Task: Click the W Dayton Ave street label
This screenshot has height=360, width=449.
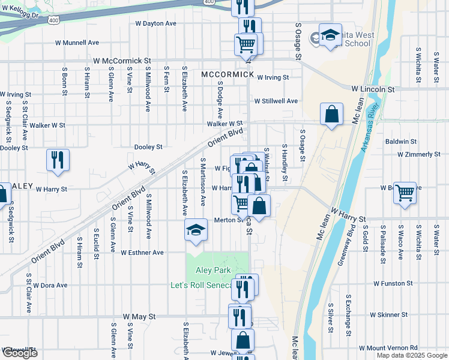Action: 155,23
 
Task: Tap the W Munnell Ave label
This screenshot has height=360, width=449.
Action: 77,43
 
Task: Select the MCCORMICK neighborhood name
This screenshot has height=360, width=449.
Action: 228,74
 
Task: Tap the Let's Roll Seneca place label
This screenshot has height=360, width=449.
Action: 200,285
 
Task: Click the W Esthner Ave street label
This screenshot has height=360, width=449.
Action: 142,253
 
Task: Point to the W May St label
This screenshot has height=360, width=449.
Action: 139,316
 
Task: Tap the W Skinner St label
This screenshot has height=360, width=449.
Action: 388,314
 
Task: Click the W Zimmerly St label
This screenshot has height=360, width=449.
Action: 418,154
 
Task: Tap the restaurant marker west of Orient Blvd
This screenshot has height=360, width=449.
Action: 58,160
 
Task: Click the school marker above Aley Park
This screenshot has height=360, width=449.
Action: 196,231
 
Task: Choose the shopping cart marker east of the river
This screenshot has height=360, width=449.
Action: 405,193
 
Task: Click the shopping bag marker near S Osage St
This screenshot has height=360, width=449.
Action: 331,114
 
